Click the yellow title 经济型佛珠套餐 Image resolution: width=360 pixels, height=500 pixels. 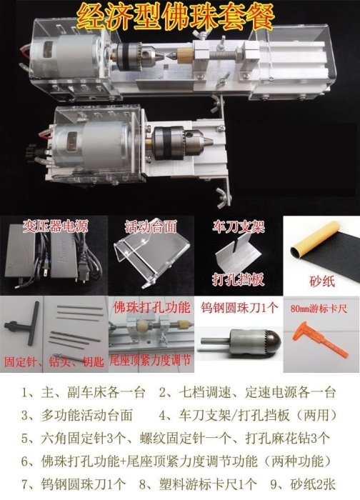click(176, 16)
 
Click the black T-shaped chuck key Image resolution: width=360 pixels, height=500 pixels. click(22, 324)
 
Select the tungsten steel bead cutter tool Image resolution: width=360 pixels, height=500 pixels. click(241, 340)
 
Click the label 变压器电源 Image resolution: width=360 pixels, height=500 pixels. click(55, 226)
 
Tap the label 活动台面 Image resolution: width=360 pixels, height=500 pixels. click(151, 226)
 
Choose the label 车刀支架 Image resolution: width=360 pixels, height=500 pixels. click(238, 226)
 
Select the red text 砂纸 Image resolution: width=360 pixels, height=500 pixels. click(322, 281)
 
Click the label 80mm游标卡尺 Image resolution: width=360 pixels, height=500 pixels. click(319, 309)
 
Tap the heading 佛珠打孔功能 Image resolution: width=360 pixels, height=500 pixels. click(151, 307)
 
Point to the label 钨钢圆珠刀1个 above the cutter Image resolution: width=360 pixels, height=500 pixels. click(239, 307)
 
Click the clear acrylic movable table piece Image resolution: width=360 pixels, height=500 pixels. click(151, 255)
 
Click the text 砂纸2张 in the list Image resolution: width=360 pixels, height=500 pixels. click(313, 484)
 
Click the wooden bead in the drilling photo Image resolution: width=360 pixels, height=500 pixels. click(139, 328)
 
